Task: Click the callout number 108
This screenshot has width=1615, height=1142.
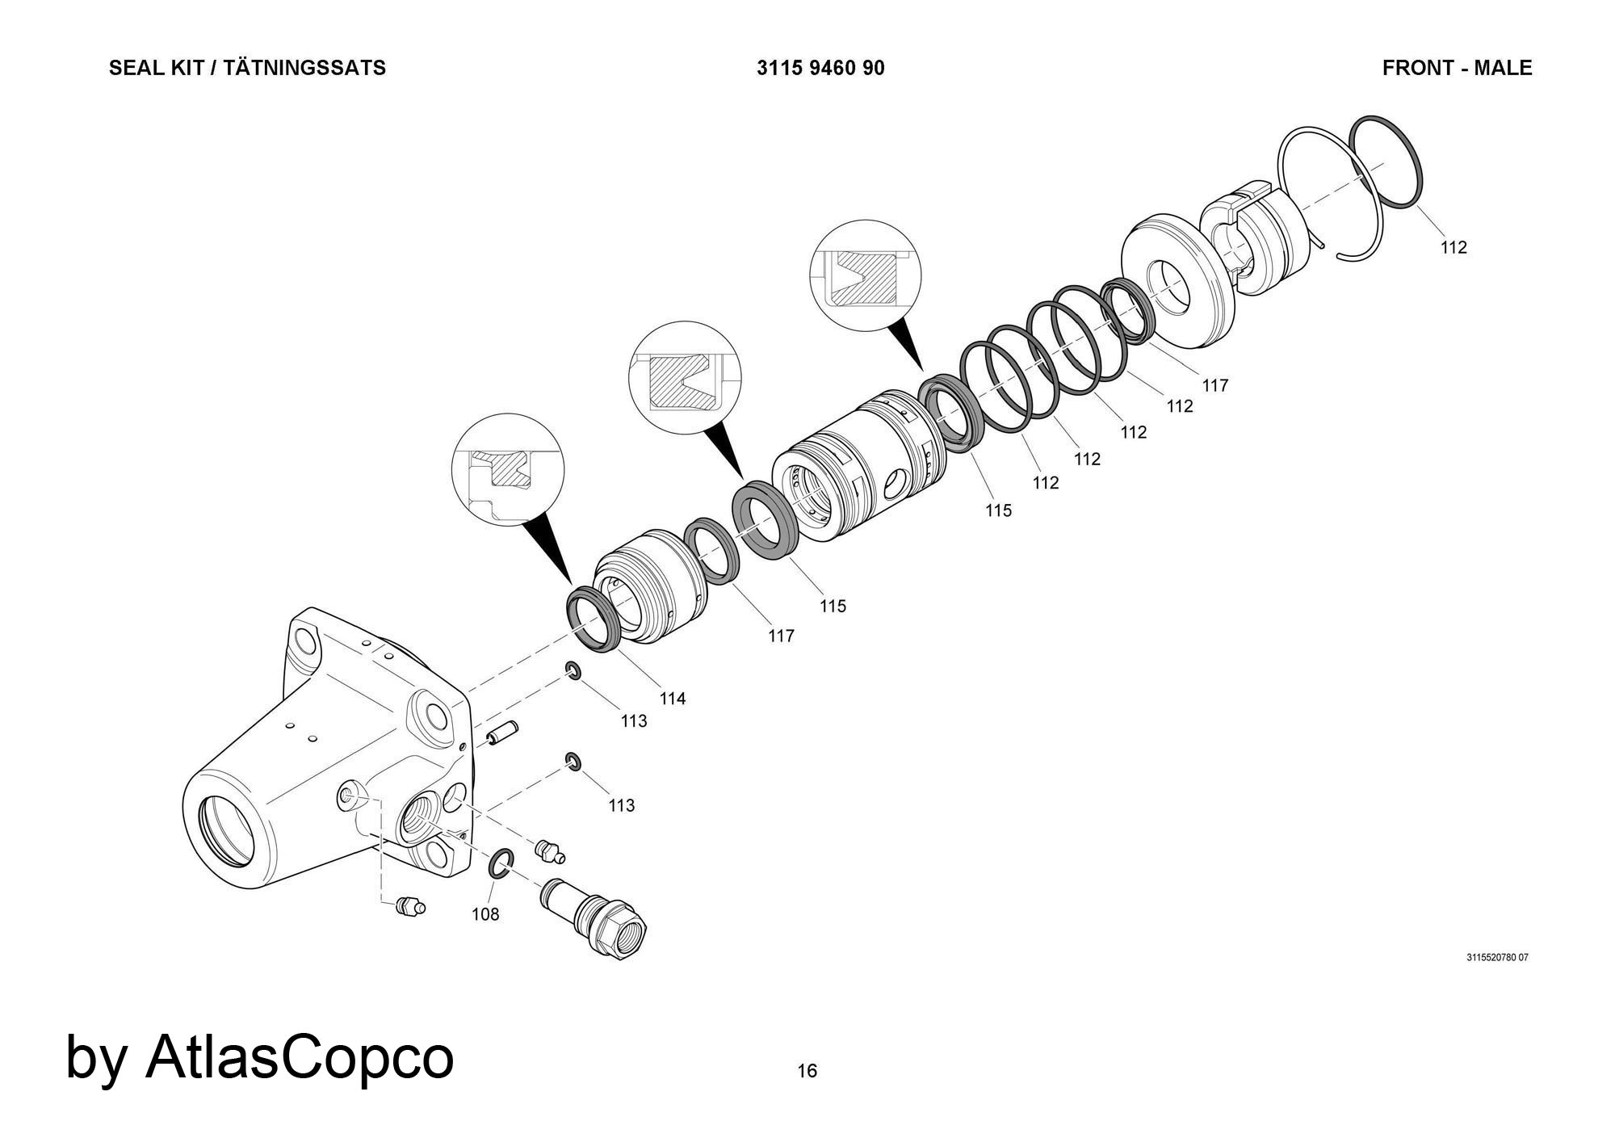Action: [485, 914]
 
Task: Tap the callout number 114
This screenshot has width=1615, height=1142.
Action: [673, 699]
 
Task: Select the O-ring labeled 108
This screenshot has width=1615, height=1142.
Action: [501, 863]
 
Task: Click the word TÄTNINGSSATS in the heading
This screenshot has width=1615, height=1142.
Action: [304, 68]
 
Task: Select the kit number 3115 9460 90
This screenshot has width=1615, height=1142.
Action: [820, 68]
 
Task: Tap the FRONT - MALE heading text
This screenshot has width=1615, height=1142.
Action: [1457, 68]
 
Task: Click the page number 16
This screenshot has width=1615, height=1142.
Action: [807, 1071]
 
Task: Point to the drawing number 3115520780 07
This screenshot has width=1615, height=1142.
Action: [1497, 958]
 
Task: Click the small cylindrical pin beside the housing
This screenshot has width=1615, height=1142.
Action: [501, 737]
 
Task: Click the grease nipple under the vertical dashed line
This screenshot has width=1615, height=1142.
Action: [412, 907]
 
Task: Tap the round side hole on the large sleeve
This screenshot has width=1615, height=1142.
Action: [896, 485]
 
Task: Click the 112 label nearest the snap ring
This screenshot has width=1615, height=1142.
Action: [1453, 247]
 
